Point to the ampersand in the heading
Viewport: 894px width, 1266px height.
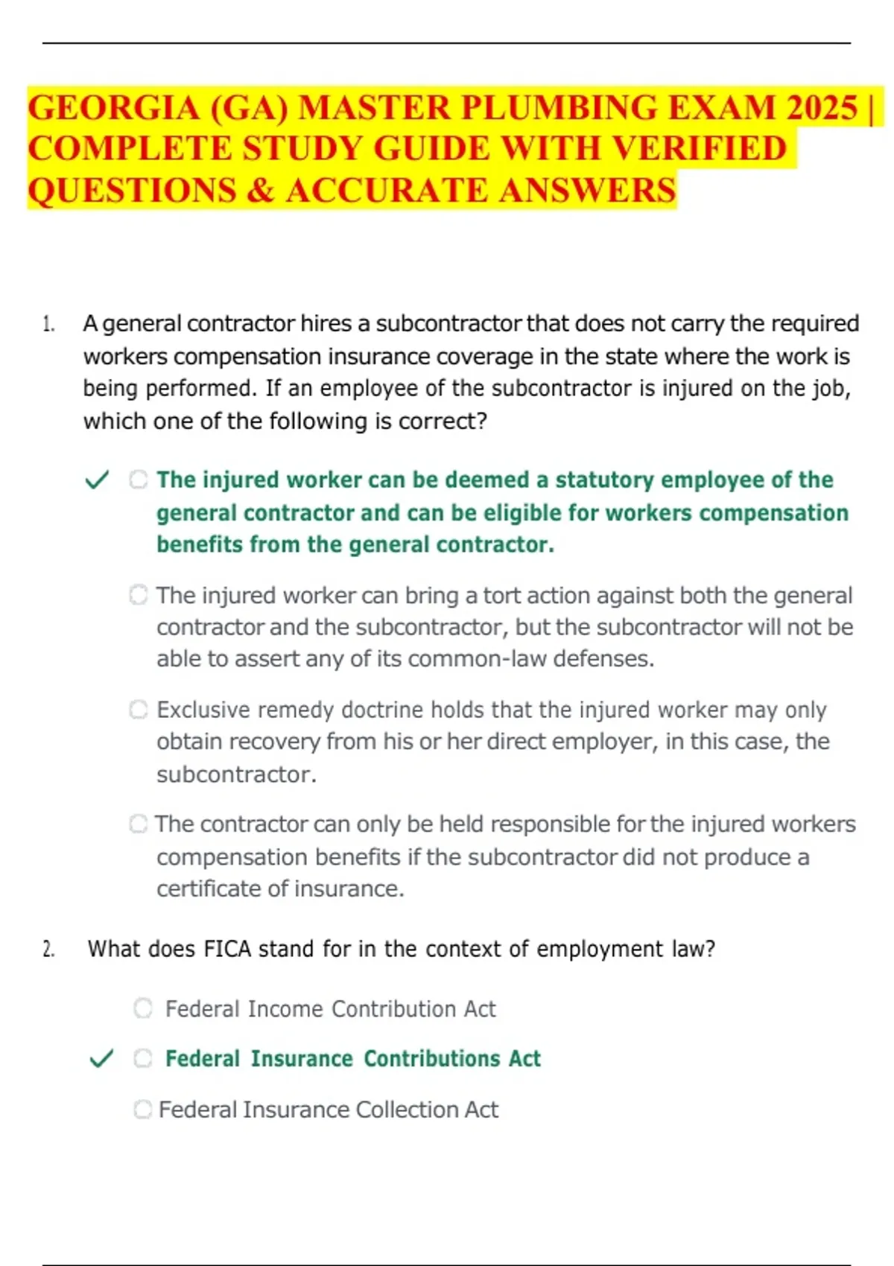(x=260, y=191)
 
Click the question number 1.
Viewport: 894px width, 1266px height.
(x=48, y=324)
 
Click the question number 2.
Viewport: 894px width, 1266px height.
(x=48, y=949)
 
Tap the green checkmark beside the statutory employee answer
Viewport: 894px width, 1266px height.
(x=98, y=480)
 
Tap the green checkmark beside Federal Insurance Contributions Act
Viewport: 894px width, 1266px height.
(x=101, y=1058)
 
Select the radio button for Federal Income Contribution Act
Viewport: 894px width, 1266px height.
(x=143, y=1008)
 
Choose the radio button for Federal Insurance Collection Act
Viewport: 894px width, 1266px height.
(x=142, y=1110)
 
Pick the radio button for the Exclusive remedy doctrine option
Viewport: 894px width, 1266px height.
(x=139, y=709)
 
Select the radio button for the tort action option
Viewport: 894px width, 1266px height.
(x=139, y=595)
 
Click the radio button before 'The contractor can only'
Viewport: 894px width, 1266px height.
(x=139, y=824)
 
